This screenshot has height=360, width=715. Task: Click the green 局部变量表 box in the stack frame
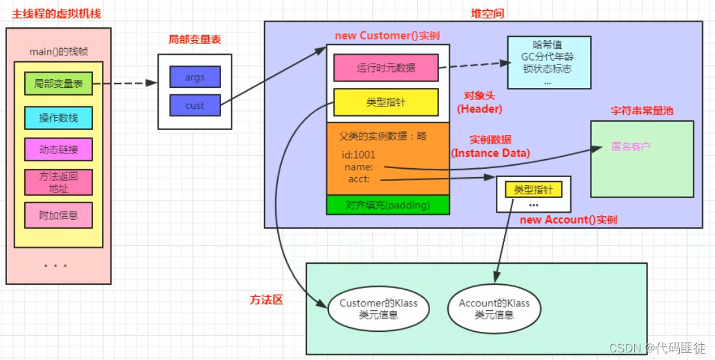click(58, 83)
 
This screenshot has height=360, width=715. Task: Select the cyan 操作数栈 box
click(58, 118)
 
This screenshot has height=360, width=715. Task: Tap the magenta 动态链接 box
click(58, 150)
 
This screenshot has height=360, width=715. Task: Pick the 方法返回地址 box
click(58, 182)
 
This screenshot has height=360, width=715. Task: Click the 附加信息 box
click(58, 215)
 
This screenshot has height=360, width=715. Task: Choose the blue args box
click(195, 77)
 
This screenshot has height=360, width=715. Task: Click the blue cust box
click(195, 106)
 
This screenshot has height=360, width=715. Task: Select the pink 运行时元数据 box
click(386, 68)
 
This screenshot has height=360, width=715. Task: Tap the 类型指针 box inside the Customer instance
click(386, 102)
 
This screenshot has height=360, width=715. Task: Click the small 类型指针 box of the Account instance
click(533, 189)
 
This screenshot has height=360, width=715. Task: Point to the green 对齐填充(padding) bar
click(387, 205)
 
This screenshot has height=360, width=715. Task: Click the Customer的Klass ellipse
click(379, 309)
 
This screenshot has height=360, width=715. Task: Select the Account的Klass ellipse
click(494, 309)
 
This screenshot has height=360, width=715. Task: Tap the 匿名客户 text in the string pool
click(631, 147)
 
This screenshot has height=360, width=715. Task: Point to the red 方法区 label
click(266, 299)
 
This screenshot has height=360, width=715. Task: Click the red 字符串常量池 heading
click(641, 111)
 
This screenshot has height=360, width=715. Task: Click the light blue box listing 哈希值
click(549, 62)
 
